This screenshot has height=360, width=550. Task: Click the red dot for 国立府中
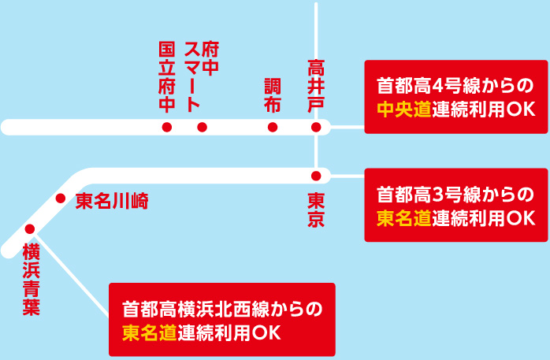point(166,128)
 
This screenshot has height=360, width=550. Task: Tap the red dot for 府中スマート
point(203,128)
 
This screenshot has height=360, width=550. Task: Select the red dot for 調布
point(273,128)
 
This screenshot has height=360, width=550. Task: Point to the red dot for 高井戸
point(316,128)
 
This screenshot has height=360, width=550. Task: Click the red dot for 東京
point(316,175)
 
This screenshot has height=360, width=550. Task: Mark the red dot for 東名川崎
point(61,199)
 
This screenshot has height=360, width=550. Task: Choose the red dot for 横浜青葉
point(30,229)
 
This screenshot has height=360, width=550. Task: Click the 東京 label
point(316,210)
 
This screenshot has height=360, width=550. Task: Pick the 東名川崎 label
point(112,201)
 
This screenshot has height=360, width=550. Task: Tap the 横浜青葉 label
point(31,280)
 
